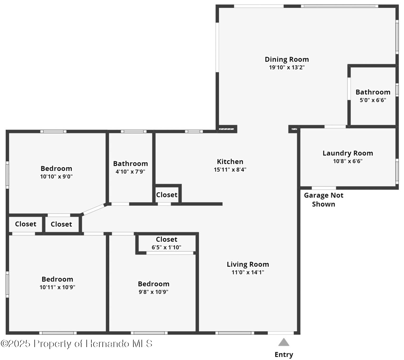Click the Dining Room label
coord(286,59)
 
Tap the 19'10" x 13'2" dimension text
coord(286,68)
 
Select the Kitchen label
coord(230,161)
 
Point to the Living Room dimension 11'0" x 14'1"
coord(248,272)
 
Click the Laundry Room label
coord(348,153)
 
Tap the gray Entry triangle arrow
coord(284,342)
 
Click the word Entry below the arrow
coord(284,354)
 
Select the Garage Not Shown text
coord(323,200)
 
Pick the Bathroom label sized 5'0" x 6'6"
coord(373,92)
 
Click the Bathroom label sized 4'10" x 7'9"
coord(130,164)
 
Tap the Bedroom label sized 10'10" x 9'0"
coord(56,169)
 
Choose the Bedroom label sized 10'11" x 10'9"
coord(57,279)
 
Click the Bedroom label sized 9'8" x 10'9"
coord(154,284)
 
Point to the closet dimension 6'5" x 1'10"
coord(166,247)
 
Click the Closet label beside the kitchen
coord(167,195)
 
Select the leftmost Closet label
coord(26,224)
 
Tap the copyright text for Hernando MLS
coord(77,344)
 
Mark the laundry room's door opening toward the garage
coord(324,188)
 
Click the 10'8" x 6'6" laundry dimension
coord(348,161)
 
